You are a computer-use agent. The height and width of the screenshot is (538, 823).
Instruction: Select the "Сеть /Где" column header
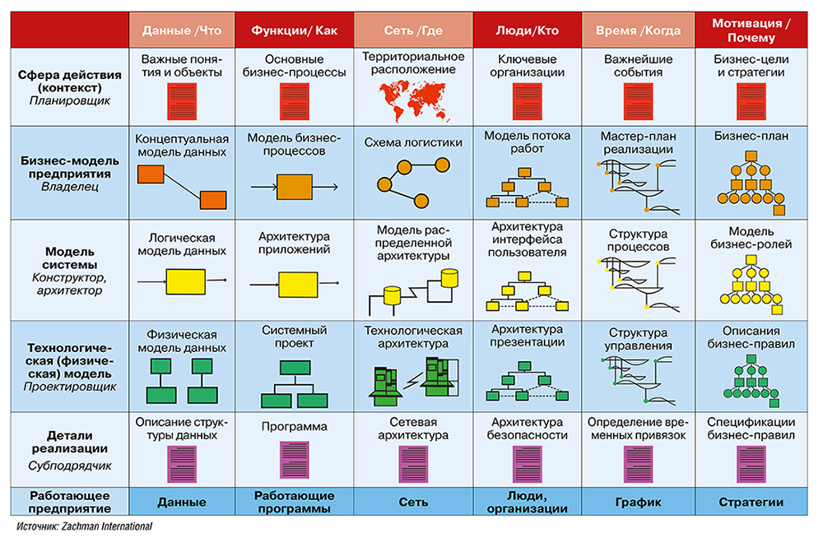(x=413, y=30)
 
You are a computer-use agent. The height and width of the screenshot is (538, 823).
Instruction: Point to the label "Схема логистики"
(x=413, y=142)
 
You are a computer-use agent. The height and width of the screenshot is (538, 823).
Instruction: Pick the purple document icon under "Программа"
(x=294, y=459)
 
